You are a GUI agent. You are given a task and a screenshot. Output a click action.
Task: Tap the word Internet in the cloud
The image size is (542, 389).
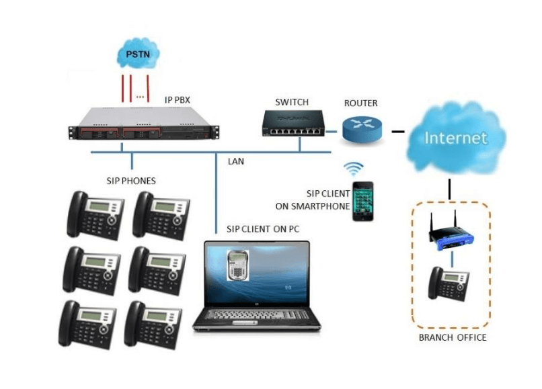pyautogui.click(x=455, y=138)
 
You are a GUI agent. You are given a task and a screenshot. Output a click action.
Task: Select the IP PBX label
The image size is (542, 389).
pyautogui.click(x=178, y=100)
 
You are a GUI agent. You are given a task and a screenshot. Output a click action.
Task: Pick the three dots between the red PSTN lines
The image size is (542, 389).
pyautogui.click(x=141, y=96)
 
